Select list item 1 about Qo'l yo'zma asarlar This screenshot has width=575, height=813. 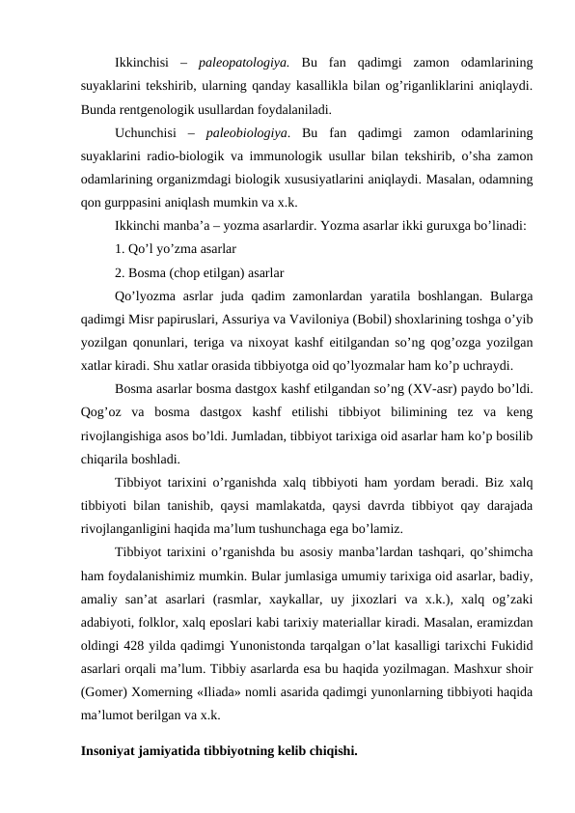[169, 249]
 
